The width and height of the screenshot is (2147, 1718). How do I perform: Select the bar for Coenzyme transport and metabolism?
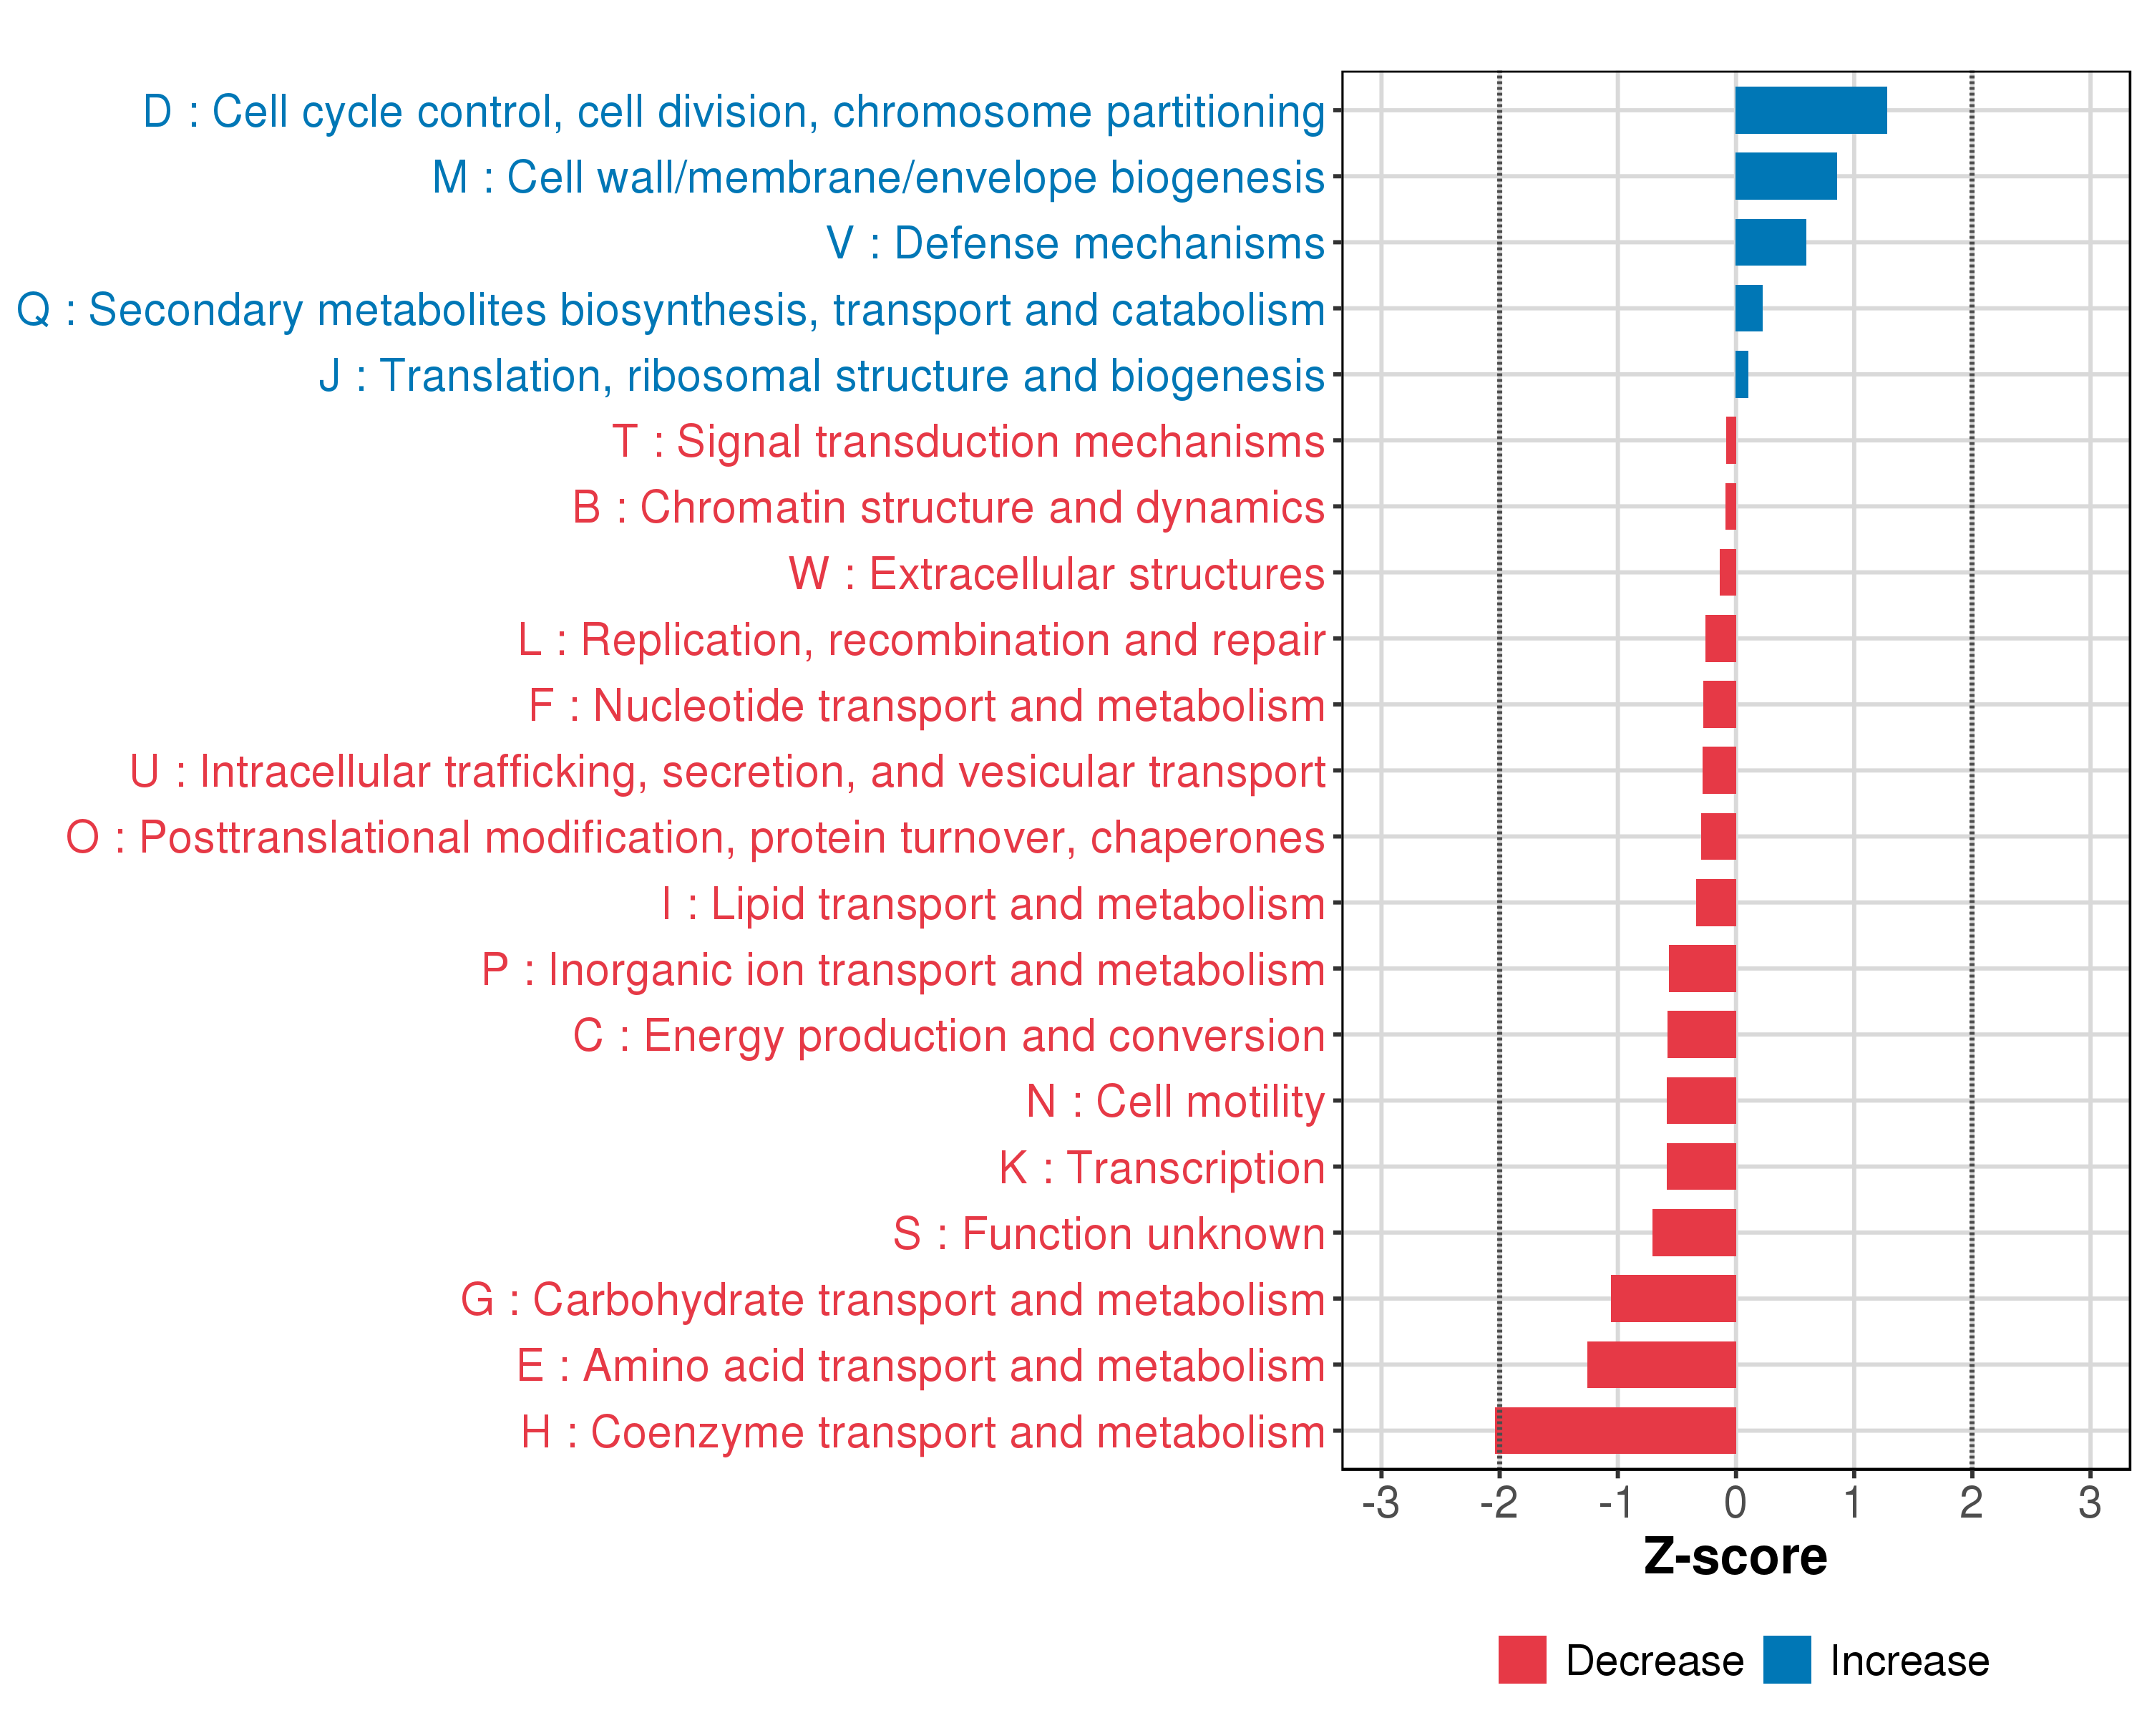pos(1615,1430)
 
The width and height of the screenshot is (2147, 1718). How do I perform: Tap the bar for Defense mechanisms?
pos(1770,243)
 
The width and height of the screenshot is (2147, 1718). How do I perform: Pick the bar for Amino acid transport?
pos(1661,1364)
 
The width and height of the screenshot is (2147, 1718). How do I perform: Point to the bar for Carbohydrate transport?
pos(1673,1299)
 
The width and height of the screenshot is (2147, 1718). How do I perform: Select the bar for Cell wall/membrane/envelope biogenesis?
pos(1786,176)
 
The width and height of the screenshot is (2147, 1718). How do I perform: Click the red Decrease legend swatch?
pos(1522,1659)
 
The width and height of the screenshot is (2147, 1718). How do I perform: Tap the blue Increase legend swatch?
pos(1786,1659)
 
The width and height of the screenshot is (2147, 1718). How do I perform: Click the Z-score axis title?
pos(1735,1557)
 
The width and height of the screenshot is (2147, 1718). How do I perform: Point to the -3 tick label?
pos(1381,1502)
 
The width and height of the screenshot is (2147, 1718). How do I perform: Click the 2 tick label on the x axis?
pos(1971,1502)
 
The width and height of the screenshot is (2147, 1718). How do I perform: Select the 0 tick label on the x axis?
pos(1735,1502)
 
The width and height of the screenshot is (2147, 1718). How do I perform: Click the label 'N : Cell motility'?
pos(1175,1102)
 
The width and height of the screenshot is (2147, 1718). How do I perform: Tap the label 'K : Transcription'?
pos(1161,1168)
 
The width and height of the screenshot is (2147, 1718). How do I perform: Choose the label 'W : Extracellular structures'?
pos(1056,573)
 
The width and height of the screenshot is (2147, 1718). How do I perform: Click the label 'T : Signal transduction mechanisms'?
pos(968,441)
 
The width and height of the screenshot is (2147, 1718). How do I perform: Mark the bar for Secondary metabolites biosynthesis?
pos(1748,309)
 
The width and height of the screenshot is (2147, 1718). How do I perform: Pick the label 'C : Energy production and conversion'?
pos(948,1036)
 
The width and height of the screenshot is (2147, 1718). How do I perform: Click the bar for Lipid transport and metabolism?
pos(1715,903)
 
